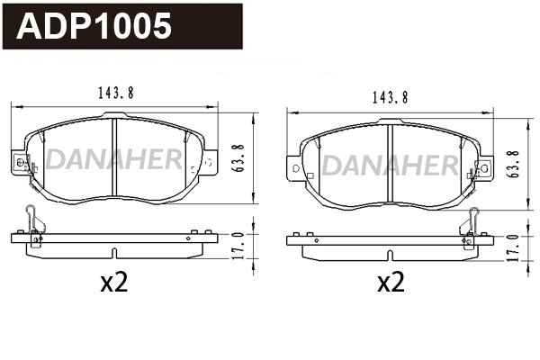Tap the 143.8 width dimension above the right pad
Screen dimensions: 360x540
point(388,97)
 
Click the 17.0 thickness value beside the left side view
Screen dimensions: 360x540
point(238,244)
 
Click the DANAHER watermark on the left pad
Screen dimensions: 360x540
point(113,160)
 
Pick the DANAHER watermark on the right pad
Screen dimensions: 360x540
point(389,166)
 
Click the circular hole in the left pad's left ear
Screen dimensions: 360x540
point(18,162)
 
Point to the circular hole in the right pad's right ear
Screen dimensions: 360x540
point(485,167)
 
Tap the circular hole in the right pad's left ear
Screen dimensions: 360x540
point(293,167)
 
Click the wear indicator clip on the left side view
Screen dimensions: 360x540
point(32,225)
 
